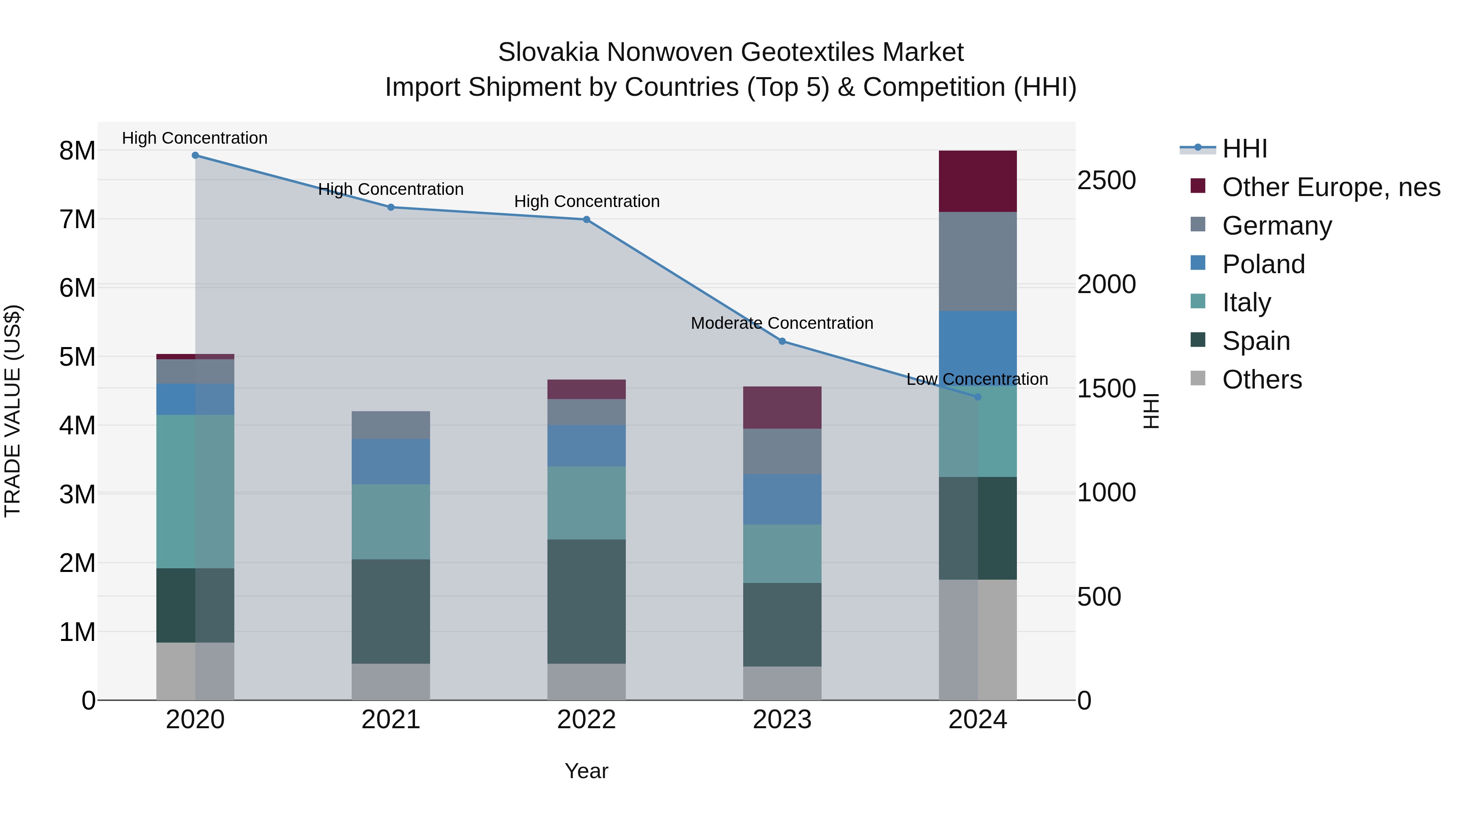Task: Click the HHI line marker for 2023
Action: (x=782, y=341)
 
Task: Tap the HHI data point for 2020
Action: (x=195, y=155)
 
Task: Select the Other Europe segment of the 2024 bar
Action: (x=978, y=181)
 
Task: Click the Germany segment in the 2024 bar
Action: (x=978, y=261)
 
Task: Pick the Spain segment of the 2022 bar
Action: (x=586, y=601)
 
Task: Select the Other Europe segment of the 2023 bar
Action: (x=782, y=407)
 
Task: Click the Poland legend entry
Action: (x=1263, y=264)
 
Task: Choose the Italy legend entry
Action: (x=1246, y=302)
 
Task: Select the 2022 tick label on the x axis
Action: (x=586, y=720)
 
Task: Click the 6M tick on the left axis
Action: (x=77, y=288)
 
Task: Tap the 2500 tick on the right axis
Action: (x=1106, y=180)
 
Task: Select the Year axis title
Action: (x=586, y=771)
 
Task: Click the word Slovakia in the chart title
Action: (x=548, y=52)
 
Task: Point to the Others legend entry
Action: (x=1262, y=380)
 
